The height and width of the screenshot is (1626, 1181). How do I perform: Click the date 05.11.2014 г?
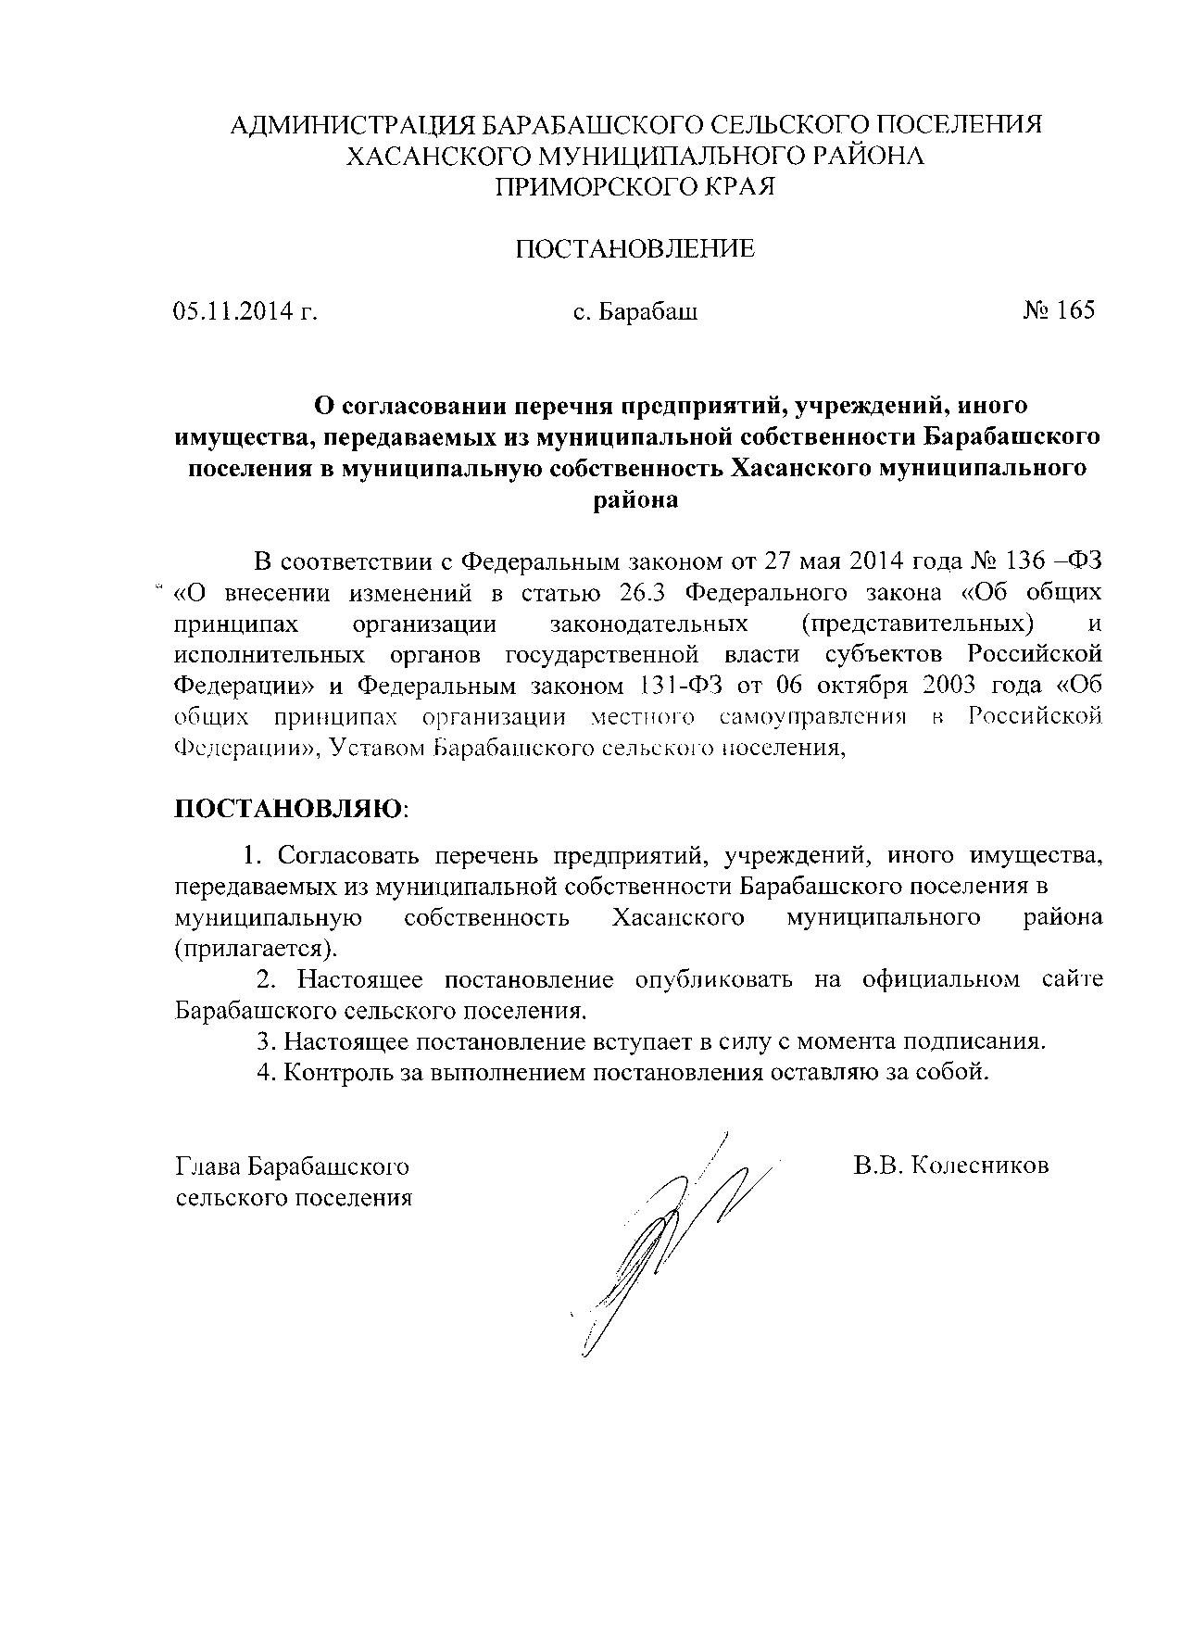tap(245, 311)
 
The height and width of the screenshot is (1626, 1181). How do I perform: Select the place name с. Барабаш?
tap(635, 311)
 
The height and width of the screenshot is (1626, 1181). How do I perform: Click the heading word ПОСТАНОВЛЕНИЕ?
tap(634, 248)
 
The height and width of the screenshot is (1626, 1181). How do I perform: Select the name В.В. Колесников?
tap(951, 1165)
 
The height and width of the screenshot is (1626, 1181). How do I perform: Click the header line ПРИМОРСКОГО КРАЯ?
tap(635, 187)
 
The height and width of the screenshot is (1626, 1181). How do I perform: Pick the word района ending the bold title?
tap(635, 500)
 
